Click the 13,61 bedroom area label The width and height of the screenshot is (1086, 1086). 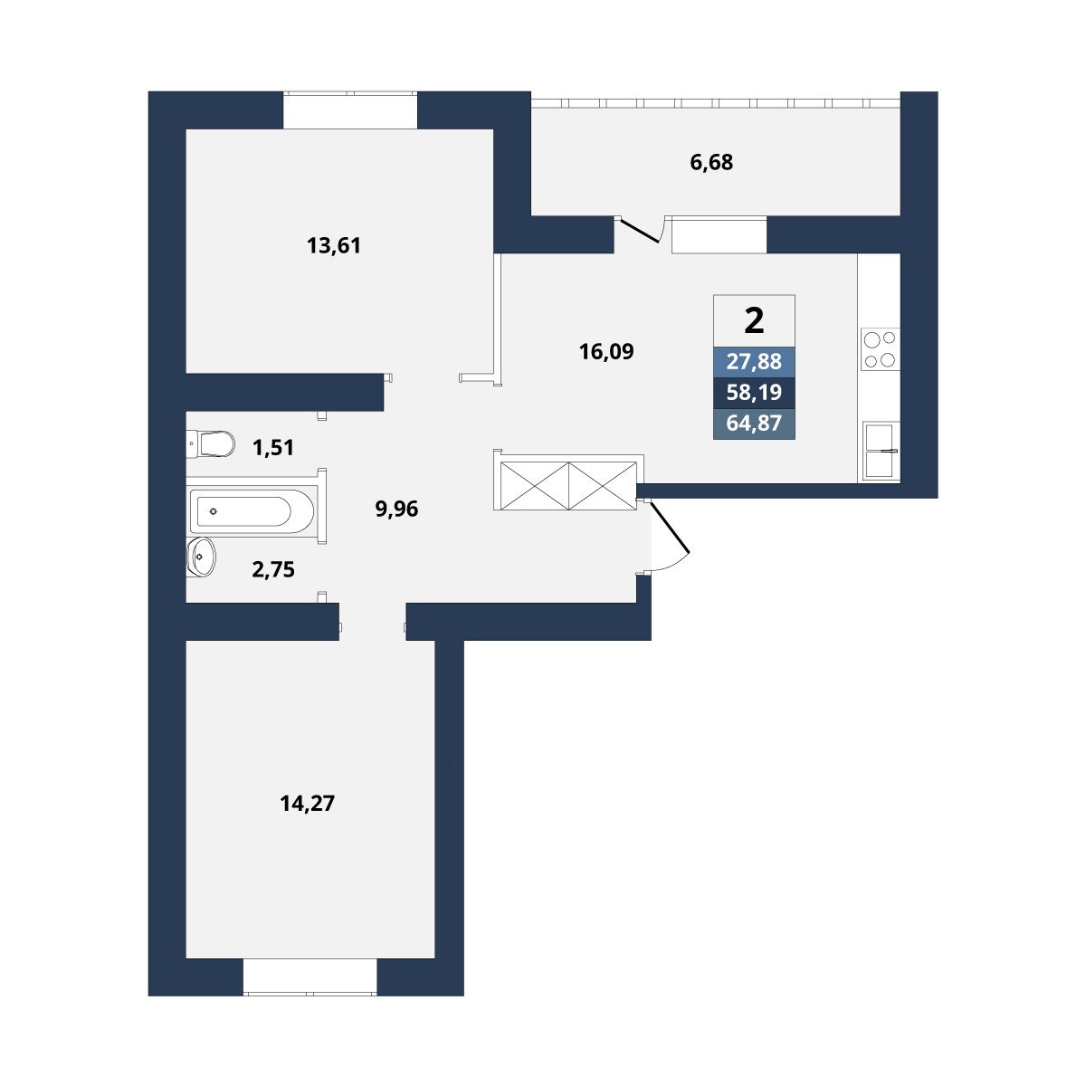tap(334, 246)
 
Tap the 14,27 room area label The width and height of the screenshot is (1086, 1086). tap(307, 803)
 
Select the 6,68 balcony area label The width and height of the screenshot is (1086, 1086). tap(711, 162)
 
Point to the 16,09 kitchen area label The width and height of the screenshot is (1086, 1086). tap(606, 352)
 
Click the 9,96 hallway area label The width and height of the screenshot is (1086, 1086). tap(396, 510)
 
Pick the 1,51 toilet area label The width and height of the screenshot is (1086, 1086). tap(273, 448)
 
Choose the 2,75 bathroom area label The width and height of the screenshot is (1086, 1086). tap(273, 570)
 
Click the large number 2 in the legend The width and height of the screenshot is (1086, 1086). tap(754, 320)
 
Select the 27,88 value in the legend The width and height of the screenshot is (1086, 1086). tap(754, 361)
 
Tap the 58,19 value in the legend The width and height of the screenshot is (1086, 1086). tap(754, 392)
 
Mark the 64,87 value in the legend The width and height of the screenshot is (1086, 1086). tap(754, 423)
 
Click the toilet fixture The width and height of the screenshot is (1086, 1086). tap(210, 444)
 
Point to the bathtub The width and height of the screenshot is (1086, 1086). tap(252, 511)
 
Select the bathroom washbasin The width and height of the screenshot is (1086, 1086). tap(201, 557)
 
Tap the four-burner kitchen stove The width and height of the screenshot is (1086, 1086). tap(880, 349)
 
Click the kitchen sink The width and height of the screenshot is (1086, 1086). tap(881, 452)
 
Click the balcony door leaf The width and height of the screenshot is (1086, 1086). tap(639, 231)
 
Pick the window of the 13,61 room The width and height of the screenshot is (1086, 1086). tap(350, 110)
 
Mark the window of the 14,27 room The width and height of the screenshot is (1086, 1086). tap(310, 977)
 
